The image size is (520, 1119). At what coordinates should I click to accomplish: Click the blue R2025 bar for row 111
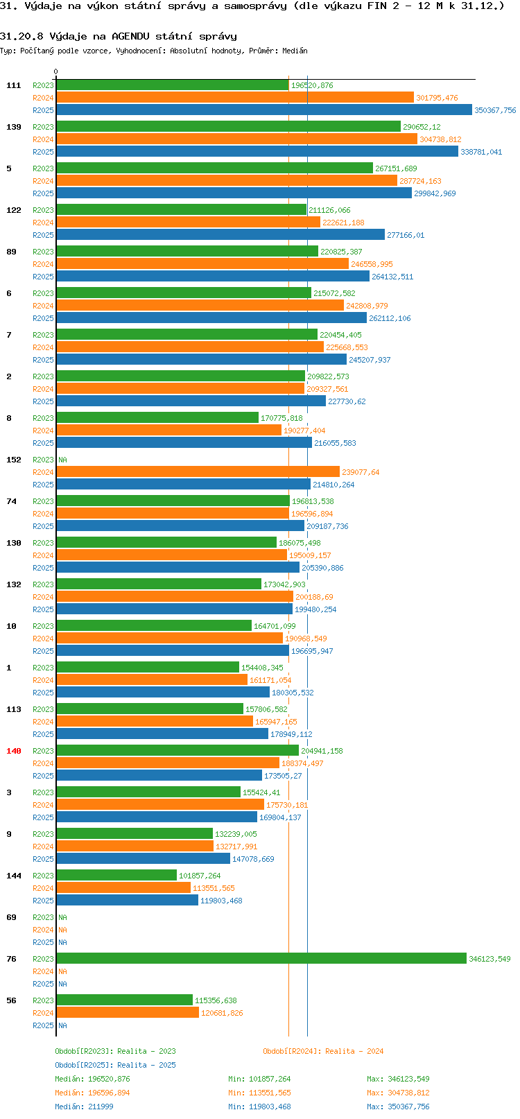264,110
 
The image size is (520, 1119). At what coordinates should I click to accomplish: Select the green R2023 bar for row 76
261,959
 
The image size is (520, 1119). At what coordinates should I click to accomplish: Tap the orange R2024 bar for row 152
198,472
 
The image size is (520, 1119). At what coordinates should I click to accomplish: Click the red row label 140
14,751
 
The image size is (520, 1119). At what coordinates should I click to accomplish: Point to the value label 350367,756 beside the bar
495,110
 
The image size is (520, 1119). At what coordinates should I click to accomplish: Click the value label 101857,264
200,876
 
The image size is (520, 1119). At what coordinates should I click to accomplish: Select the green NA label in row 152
62,460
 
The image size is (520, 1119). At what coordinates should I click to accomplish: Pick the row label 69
12,917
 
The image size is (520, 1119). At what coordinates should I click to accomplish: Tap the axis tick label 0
56,71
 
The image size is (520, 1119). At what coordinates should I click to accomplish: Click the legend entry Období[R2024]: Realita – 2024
323,1051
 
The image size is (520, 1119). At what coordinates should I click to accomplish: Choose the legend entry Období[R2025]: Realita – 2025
115,1065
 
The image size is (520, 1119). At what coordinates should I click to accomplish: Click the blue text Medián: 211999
84,1107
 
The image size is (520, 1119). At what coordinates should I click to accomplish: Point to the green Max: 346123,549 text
398,1079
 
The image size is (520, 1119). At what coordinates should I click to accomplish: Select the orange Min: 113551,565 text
259,1093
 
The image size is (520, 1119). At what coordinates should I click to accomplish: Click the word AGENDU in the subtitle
130,36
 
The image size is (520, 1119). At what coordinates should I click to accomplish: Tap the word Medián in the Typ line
295,51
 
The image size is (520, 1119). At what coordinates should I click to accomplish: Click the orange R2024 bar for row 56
128,1013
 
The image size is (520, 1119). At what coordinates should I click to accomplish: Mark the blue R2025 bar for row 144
128,901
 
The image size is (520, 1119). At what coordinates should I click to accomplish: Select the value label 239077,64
361,472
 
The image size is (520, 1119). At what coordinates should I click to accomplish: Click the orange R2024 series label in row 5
43,181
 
